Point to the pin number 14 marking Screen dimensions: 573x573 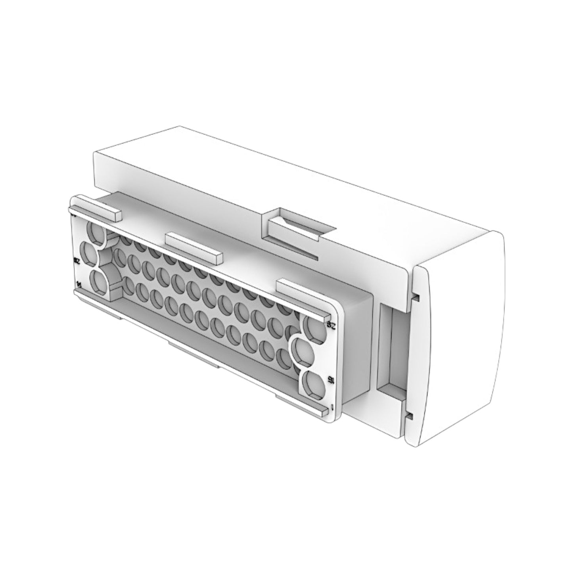[x=79, y=284]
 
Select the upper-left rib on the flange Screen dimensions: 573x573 [x=95, y=213]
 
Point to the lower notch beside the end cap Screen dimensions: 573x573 [x=409, y=415]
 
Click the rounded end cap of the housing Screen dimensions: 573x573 [x=456, y=337]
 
